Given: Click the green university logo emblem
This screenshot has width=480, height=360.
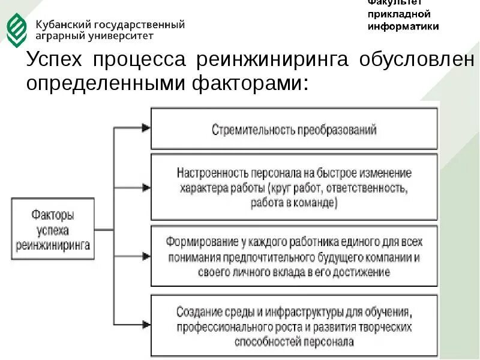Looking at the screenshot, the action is tap(16, 29).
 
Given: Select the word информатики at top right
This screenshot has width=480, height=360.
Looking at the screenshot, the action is tap(403, 26).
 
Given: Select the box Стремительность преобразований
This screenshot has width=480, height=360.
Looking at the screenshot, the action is tap(294, 128).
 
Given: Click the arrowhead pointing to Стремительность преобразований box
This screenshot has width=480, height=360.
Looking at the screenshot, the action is tap(145, 128).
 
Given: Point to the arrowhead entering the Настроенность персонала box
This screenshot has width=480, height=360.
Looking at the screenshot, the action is tap(145, 187).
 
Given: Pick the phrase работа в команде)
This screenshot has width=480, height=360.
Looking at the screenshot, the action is tap(294, 203).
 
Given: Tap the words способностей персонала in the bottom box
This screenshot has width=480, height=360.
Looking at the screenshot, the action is tap(294, 342).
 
